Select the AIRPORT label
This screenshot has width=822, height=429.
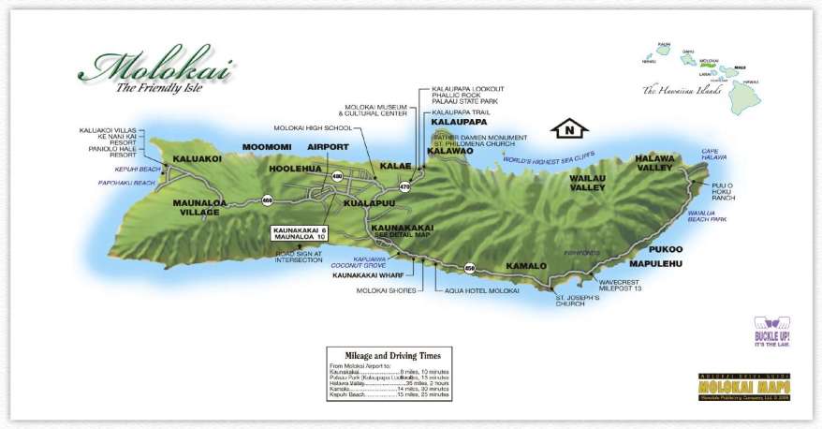tap(329, 147)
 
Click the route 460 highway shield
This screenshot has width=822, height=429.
tap(268, 200)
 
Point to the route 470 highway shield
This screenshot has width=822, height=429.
tap(404, 187)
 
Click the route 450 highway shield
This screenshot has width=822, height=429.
tap(470, 268)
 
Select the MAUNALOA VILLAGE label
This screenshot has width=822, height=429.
tap(196, 207)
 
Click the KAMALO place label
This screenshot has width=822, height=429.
tap(525, 266)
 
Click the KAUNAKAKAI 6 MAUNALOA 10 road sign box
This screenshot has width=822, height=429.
tap(300, 234)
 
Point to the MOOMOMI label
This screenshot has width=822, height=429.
tap(267, 147)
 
